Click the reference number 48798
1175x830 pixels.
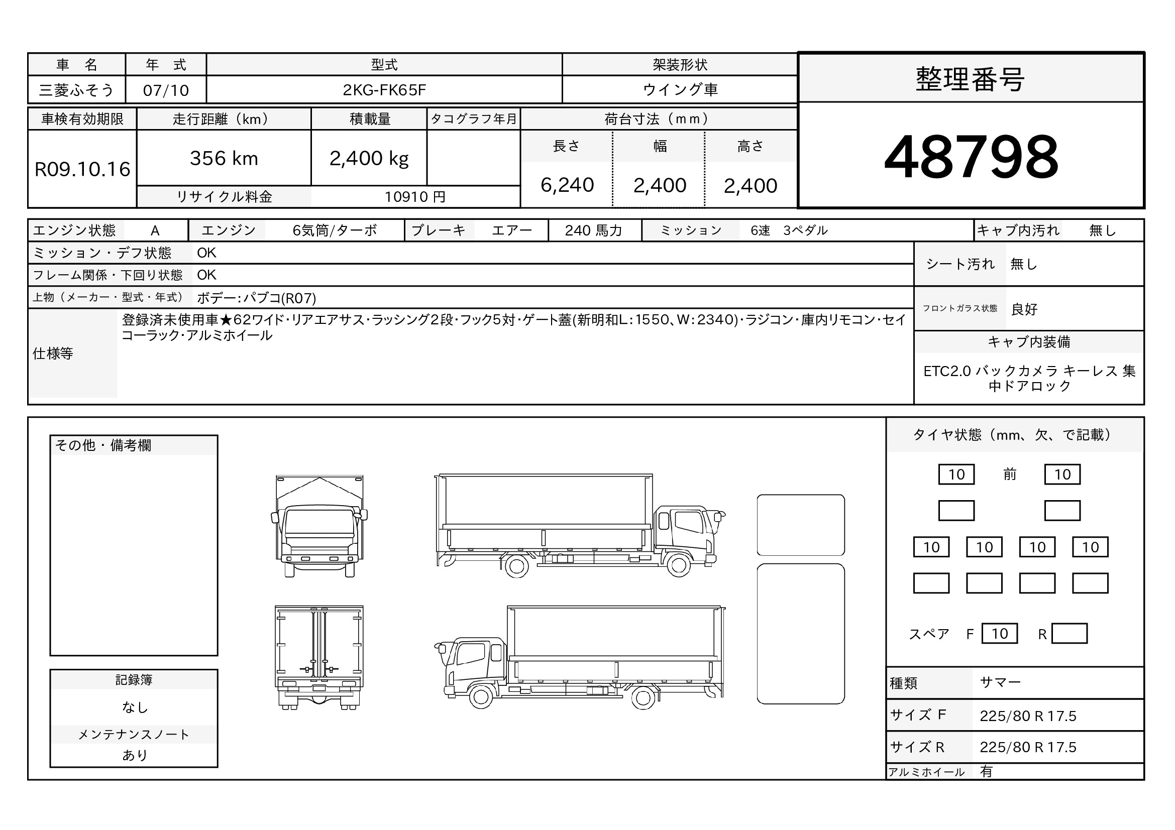pos(971,157)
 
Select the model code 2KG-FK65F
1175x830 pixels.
pos(384,90)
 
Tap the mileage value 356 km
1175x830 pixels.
pos(224,159)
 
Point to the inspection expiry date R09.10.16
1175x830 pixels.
pos(82,169)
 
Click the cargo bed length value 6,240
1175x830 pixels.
pos(567,185)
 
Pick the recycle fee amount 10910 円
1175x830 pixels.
pos(415,197)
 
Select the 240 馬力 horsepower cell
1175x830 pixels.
pos(594,230)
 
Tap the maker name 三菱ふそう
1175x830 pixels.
pos(76,90)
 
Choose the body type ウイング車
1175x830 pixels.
pos(680,90)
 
